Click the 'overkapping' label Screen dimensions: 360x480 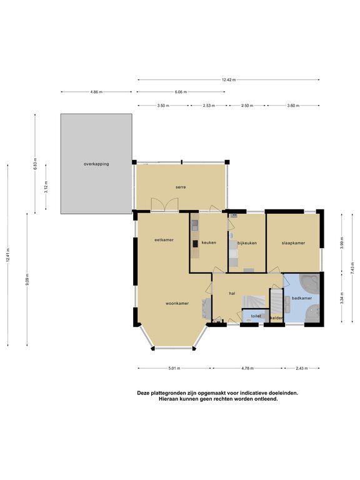[x=96, y=164]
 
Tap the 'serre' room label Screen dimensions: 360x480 [x=181, y=187]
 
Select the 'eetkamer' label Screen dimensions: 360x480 [x=164, y=240]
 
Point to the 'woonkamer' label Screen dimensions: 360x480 [x=177, y=303]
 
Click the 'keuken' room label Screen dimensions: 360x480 [x=209, y=242]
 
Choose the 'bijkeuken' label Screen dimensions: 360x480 [x=247, y=243]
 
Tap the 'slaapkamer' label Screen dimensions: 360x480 [x=293, y=243]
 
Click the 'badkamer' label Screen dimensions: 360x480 [x=301, y=298]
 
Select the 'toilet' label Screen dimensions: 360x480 [x=256, y=316]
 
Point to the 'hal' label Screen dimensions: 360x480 [x=232, y=293]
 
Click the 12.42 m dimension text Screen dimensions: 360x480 [x=229, y=80]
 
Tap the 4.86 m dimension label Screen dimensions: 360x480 [x=96, y=92]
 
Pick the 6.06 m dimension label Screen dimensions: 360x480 [x=181, y=92]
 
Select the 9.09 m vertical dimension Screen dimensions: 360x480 [x=27, y=279]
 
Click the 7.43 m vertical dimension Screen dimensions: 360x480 [x=352, y=267]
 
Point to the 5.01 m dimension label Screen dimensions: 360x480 [x=174, y=368]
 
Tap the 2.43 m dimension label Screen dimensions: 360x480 [x=301, y=368]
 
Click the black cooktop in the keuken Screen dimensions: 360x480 [x=195, y=244]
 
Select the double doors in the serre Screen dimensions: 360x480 [x=165, y=204]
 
